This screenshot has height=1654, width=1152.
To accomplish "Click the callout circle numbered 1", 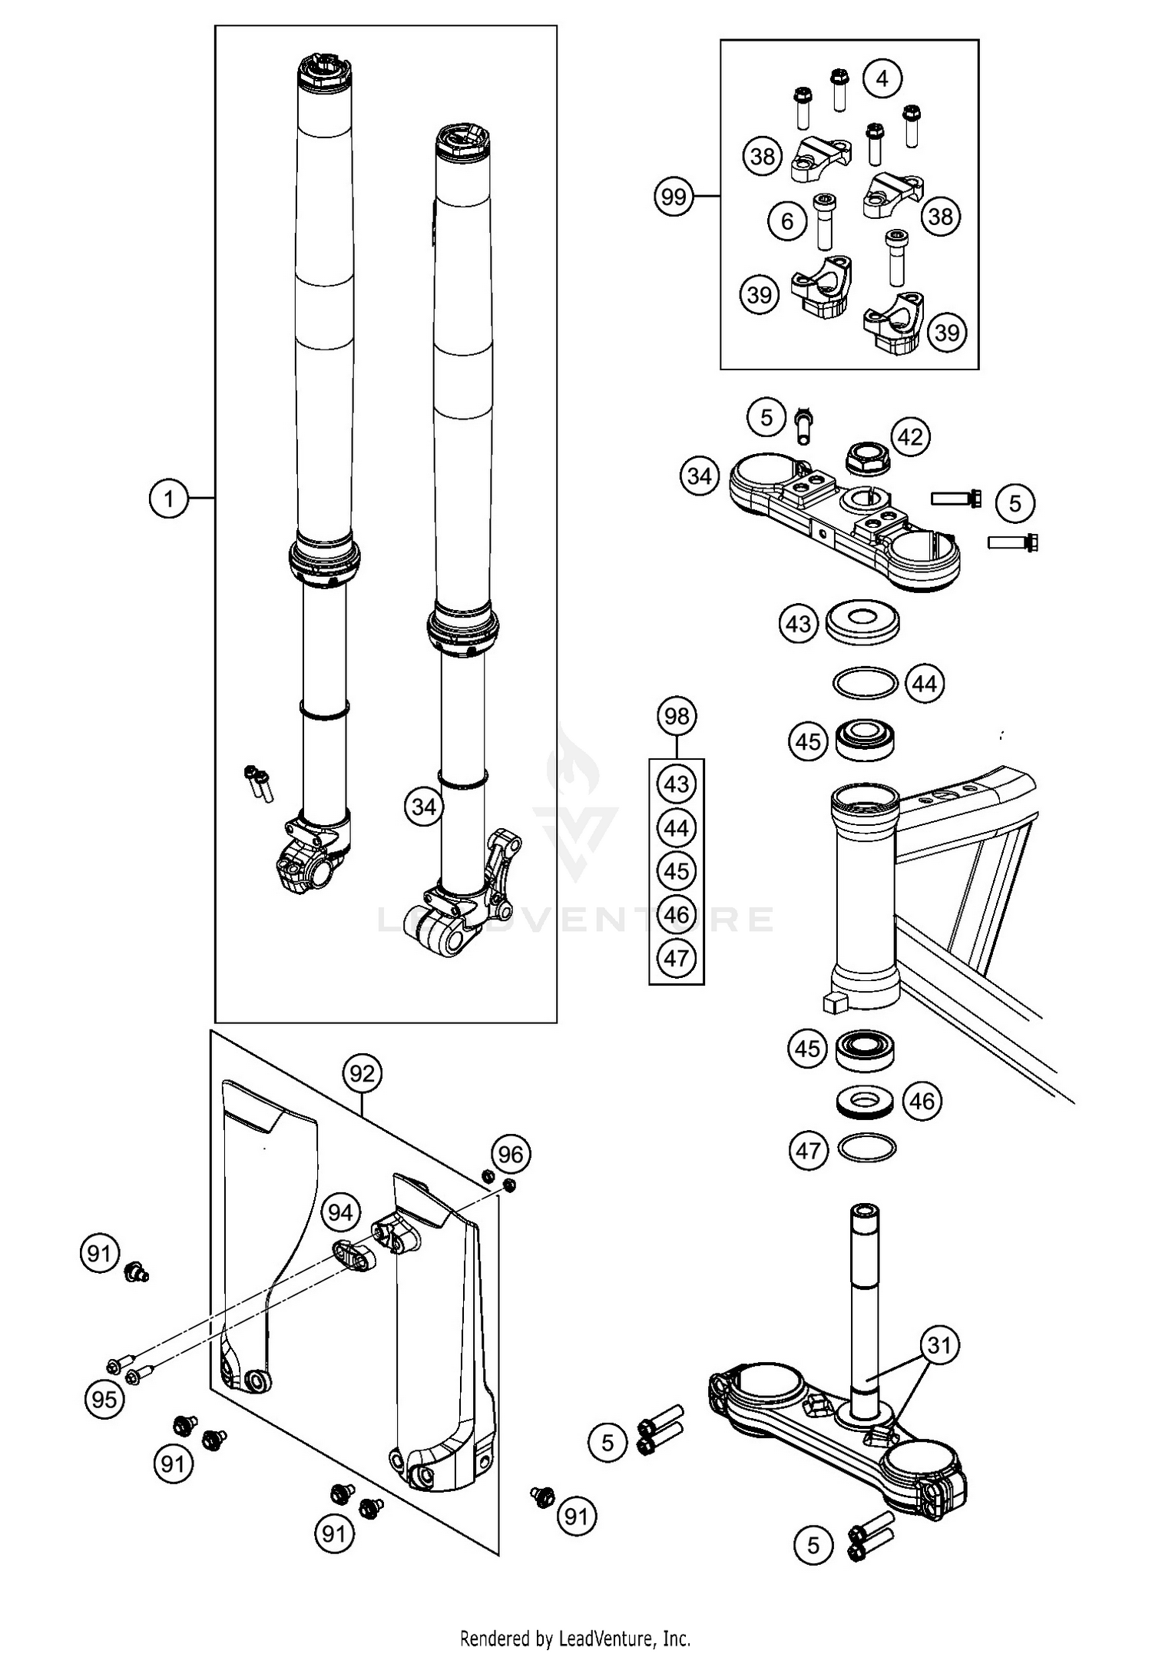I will [x=168, y=499].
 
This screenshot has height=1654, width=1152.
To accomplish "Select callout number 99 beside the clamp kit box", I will [x=674, y=197].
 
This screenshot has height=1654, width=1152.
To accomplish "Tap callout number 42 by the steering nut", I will [x=910, y=437].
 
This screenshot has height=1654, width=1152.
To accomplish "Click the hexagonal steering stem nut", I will [x=865, y=460].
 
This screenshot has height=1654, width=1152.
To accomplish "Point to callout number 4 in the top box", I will [x=882, y=78].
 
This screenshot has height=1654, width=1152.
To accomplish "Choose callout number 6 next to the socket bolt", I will [x=787, y=221].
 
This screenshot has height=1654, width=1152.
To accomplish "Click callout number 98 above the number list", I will [x=677, y=716].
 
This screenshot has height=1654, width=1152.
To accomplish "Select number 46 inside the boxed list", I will [x=677, y=915].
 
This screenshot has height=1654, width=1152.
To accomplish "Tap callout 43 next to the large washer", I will [x=799, y=623].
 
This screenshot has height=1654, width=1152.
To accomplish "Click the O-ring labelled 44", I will [x=865, y=682].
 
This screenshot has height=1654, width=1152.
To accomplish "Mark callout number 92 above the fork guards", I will [x=362, y=1072].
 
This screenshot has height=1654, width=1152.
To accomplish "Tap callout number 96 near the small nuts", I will [x=511, y=1154].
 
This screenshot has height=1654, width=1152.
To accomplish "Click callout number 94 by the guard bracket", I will [x=340, y=1212].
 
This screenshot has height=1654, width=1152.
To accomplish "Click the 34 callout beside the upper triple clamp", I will [x=699, y=476].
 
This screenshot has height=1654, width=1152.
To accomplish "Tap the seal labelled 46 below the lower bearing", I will [x=866, y=1101].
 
